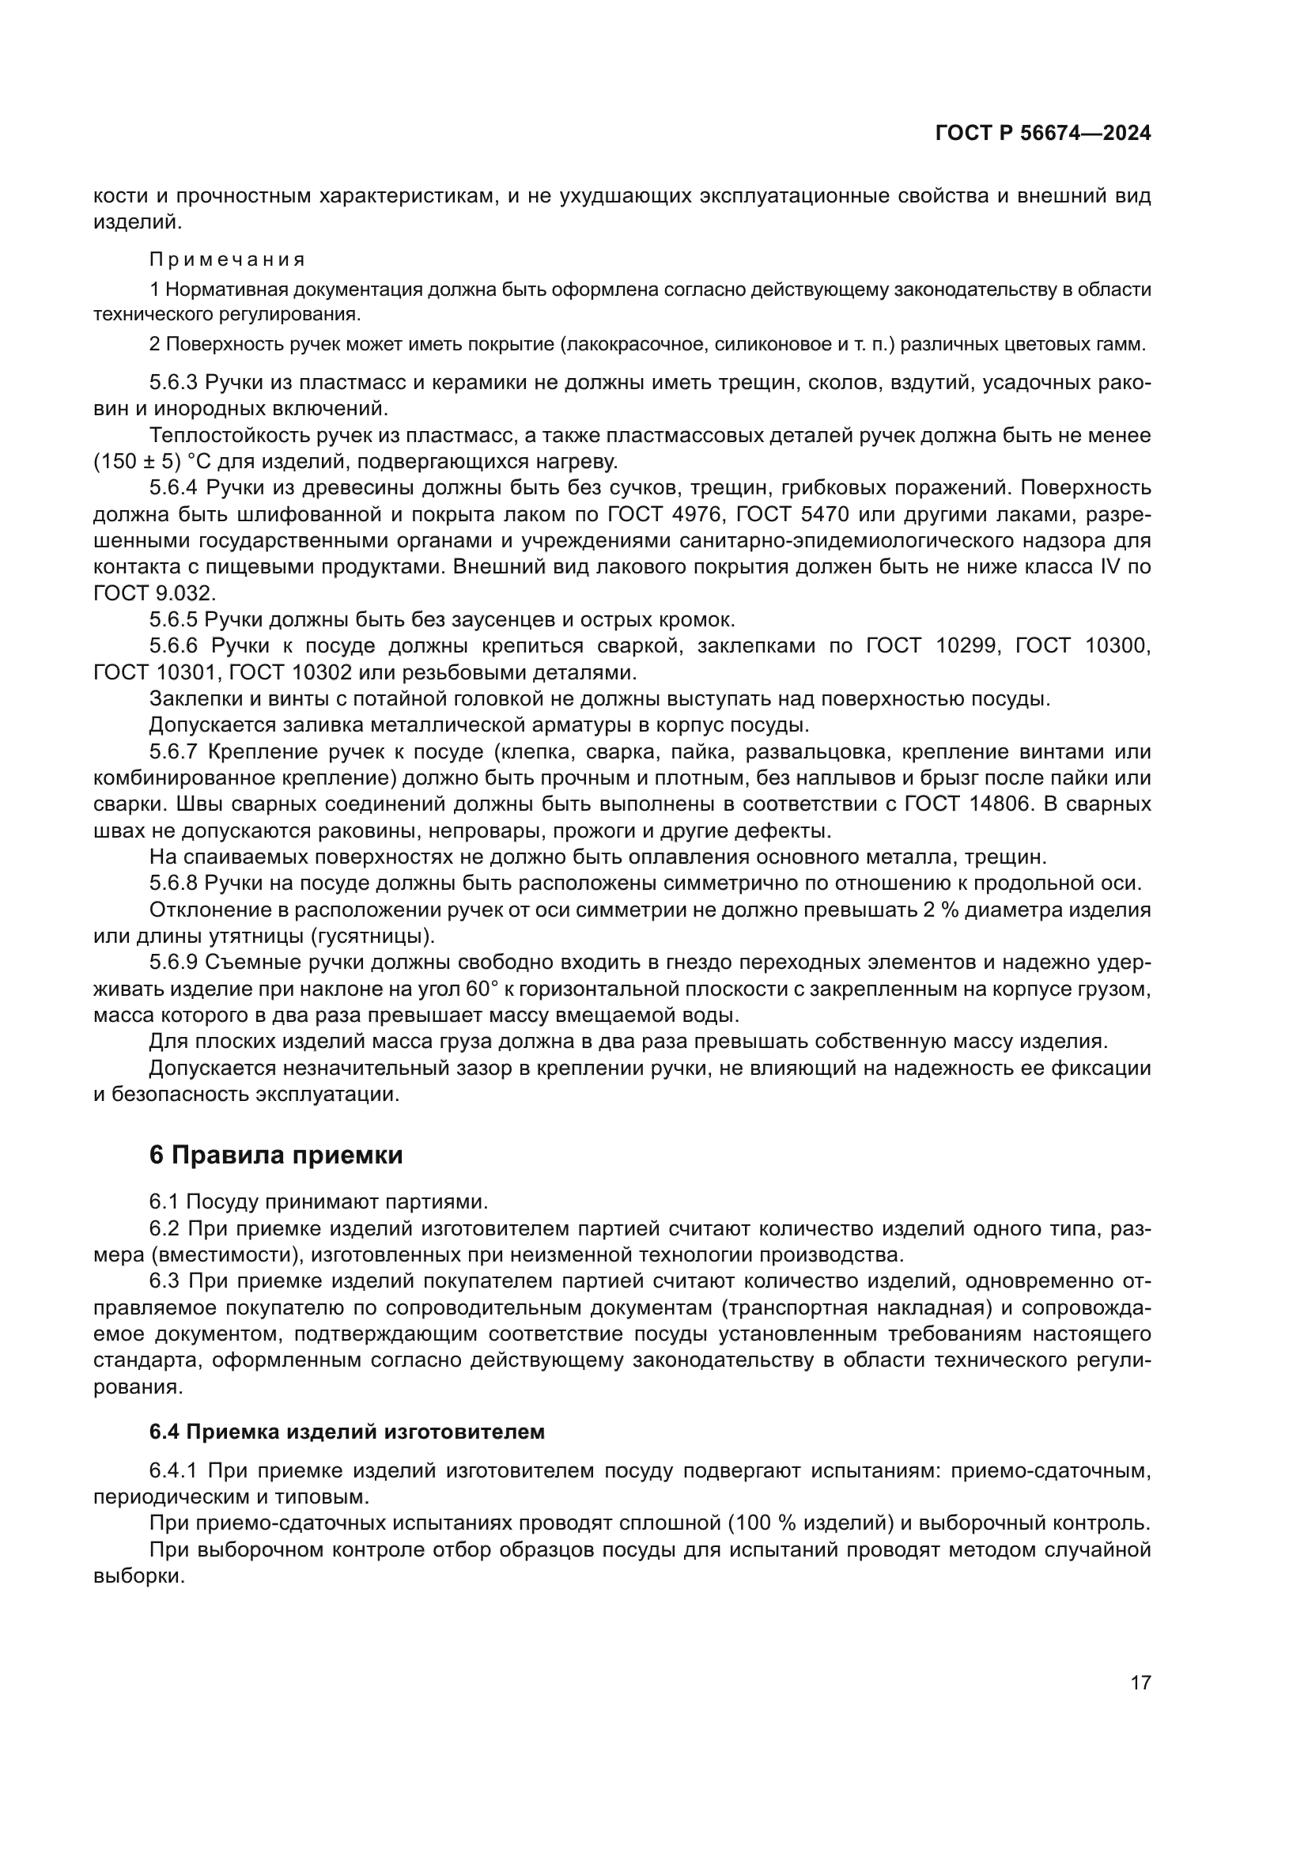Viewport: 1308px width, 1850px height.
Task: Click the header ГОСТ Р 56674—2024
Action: point(1043,134)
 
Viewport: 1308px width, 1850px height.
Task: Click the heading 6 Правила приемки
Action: point(275,1156)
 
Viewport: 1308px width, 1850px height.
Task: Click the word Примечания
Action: point(227,259)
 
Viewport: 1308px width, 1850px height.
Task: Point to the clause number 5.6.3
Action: point(173,383)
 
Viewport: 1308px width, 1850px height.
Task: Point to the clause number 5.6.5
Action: point(173,619)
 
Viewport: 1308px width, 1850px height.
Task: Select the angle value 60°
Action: point(482,989)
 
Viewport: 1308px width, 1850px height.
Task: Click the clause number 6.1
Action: point(164,1201)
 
